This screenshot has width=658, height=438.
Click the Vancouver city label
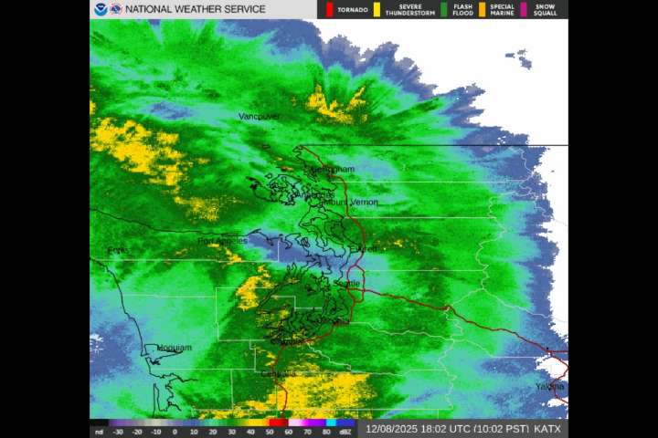coord(257,117)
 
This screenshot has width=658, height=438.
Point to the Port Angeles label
coord(222,241)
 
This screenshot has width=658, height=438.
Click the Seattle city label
coord(347,284)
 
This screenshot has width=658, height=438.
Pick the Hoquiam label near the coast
coord(174,348)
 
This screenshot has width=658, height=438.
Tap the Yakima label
coord(550,387)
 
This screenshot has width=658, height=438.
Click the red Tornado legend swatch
coord(329,9)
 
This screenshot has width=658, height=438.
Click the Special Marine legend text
coord(501,10)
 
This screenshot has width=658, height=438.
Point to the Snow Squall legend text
coord(545,10)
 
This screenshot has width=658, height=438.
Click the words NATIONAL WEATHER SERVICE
coord(195,9)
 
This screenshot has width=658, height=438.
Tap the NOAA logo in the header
coord(100,9)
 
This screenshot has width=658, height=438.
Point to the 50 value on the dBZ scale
coord(270,432)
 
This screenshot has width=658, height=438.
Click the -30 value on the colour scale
coord(118,432)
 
